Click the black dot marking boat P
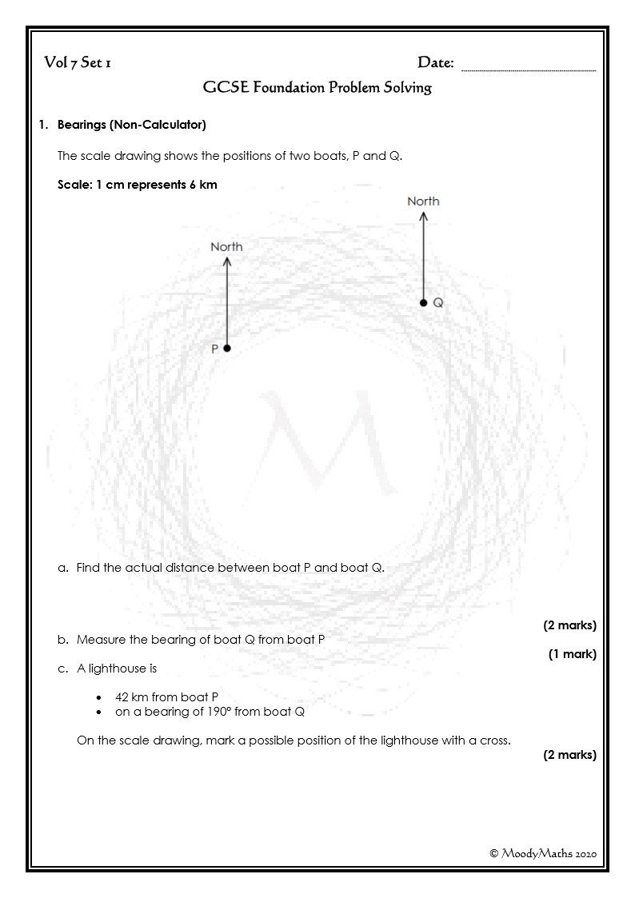click(x=227, y=349)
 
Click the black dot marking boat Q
click(x=424, y=303)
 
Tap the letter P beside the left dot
click(x=214, y=349)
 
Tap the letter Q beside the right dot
click(x=438, y=304)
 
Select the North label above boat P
click(x=226, y=247)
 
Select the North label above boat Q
click(x=423, y=202)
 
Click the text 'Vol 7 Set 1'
click(x=78, y=63)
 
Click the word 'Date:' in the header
click(x=436, y=63)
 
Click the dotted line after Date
click(x=529, y=70)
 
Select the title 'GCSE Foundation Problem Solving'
click(x=317, y=88)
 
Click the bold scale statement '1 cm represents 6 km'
click(x=137, y=185)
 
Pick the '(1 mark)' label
click(x=572, y=654)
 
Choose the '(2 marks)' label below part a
click(x=569, y=625)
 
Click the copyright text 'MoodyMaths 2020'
click(x=543, y=853)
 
